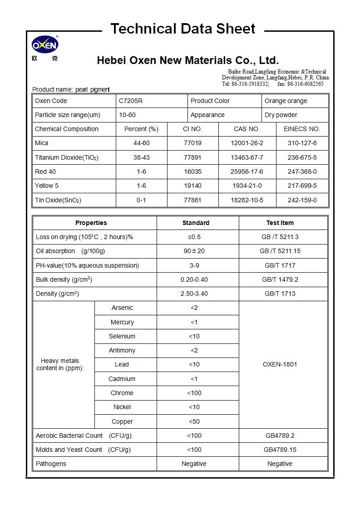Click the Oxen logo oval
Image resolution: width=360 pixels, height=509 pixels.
tap(44, 45)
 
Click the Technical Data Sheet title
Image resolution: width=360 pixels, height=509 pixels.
tap(183, 29)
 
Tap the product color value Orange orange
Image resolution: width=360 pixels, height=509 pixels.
tap(286, 101)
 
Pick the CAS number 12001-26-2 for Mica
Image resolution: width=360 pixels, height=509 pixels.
tap(247, 143)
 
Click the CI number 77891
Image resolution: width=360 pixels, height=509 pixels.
tap(192, 157)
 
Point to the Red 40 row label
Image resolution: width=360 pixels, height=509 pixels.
tap(45, 171)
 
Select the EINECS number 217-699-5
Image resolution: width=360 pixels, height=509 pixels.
tap(302, 186)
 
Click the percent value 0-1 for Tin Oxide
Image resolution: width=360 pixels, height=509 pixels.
tap(141, 200)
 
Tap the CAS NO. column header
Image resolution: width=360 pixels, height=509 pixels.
tap(247, 129)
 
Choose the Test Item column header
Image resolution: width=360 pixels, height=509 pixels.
tap(280, 223)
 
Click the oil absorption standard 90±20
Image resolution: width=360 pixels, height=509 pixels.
tap(194, 251)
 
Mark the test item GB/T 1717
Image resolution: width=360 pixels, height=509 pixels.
tap(280, 265)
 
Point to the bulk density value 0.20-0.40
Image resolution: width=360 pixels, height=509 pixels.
tap(194, 279)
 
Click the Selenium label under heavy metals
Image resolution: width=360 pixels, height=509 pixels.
tap(122, 336)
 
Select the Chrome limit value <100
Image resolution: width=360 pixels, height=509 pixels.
tap(194, 393)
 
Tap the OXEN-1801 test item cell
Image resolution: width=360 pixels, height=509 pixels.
tap(280, 364)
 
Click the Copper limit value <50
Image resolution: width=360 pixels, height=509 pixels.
tap(194, 421)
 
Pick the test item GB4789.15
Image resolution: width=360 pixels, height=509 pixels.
tap(280, 450)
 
